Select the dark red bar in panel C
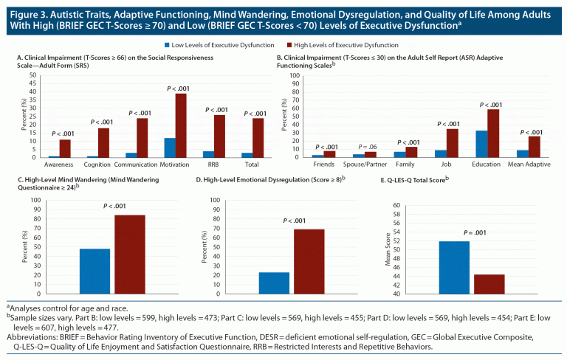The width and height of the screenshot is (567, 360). tap(129, 255)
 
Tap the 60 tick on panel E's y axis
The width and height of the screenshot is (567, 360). tap(417, 206)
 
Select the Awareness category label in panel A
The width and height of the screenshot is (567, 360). tap(58, 165)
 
